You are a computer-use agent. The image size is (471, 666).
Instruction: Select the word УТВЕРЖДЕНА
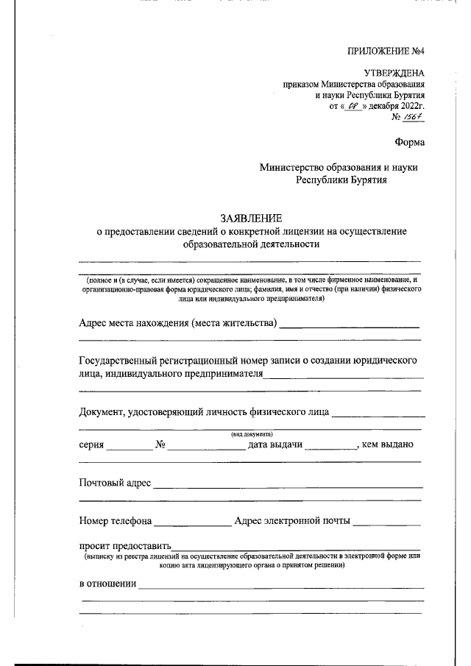click(394, 72)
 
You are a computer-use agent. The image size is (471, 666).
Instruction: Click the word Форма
click(409, 142)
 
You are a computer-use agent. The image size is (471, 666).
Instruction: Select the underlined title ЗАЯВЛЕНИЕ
click(250, 219)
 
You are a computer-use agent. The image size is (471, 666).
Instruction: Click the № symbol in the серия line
click(160, 444)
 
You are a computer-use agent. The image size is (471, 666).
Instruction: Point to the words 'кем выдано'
click(388, 444)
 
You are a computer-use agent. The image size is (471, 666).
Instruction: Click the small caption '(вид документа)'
click(252, 434)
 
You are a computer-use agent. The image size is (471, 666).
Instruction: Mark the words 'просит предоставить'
click(124, 546)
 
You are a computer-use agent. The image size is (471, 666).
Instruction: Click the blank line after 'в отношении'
click(281, 586)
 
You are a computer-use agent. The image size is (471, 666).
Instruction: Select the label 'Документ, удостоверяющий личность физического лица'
click(204, 412)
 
